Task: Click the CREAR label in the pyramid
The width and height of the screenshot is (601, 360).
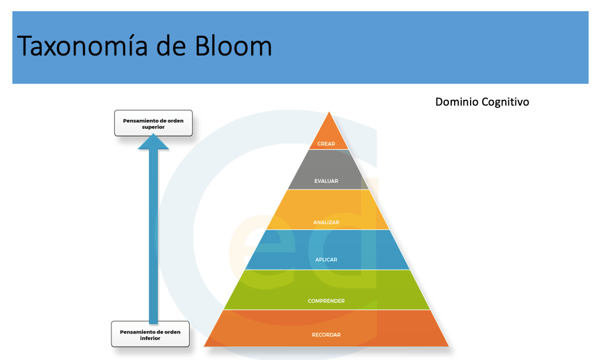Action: click(x=326, y=143)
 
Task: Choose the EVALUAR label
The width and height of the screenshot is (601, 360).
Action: click(x=326, y=181)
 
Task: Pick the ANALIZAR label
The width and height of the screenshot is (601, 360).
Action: click(x=326, y=222)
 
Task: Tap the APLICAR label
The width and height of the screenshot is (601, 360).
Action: click(x=326, y=260)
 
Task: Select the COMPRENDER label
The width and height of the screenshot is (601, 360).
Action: click(x=326, y=301)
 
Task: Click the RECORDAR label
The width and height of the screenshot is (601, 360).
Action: click(x=326, y=335)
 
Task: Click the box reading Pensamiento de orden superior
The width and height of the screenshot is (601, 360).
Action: click(x=153, y=123)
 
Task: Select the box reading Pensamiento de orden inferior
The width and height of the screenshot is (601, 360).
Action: click(x=150, y=335)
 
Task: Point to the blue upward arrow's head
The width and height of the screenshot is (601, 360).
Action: click(x=153, y=142)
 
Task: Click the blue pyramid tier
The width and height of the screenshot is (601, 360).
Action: click(x=326, y=248)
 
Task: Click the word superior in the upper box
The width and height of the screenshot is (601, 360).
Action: click(x=153, y=127)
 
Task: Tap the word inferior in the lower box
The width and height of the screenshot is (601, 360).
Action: click(x=150, y=338)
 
